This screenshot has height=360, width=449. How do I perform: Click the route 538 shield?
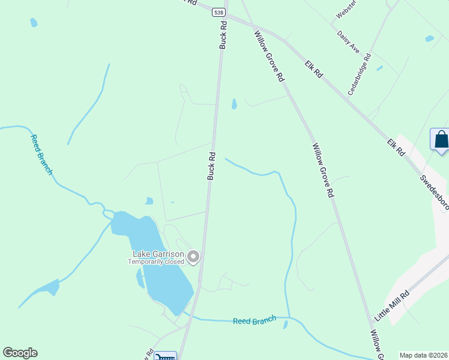click(219, 11)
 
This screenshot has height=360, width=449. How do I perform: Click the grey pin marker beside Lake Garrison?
click(193, 257)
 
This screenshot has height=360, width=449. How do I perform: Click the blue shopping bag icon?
click(441, 140)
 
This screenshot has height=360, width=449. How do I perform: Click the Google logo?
click(20, 353)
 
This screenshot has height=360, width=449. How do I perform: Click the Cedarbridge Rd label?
click(360, 75)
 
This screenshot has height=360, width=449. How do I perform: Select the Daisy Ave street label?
click(348, 41)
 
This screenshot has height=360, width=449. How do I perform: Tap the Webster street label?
click(346, 10)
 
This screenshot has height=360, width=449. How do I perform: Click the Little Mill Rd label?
click(391, 305)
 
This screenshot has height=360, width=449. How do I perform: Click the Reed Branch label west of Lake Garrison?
click(41, 155)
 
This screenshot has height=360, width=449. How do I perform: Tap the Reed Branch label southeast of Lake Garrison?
click(255, 320)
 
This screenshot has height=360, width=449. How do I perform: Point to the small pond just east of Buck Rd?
click(234, 104)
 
